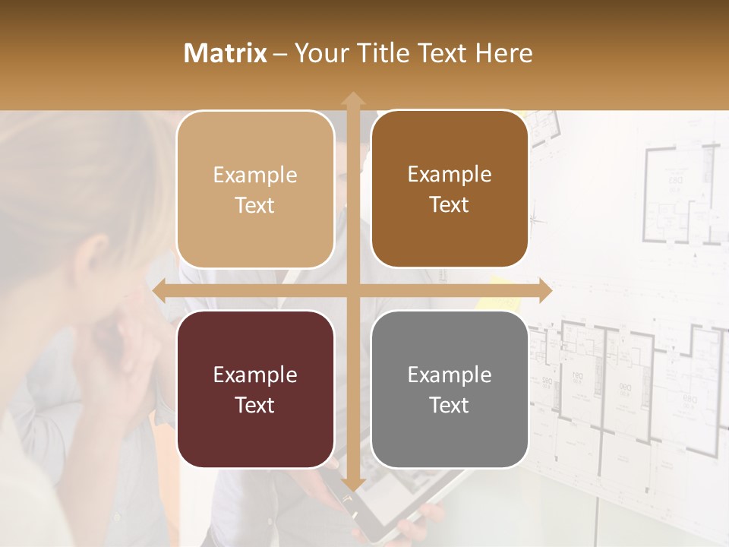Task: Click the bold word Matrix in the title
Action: [x=226, y=53]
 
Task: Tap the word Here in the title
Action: [x=503, y=53]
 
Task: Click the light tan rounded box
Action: [x=255, y=189]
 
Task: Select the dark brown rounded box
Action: [x=450, y=189]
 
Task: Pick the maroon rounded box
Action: [x=255, y=389]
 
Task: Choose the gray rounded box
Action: [x=450, y=389]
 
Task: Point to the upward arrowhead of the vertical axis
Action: [x=352, y=99]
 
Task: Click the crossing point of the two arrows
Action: [x=352, y=290]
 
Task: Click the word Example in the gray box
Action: [x=450, y=375]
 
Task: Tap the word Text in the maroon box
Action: [x=255, y=405]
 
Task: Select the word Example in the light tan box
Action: [x=255, y=175]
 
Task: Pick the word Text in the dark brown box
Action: [x=450, y=204]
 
